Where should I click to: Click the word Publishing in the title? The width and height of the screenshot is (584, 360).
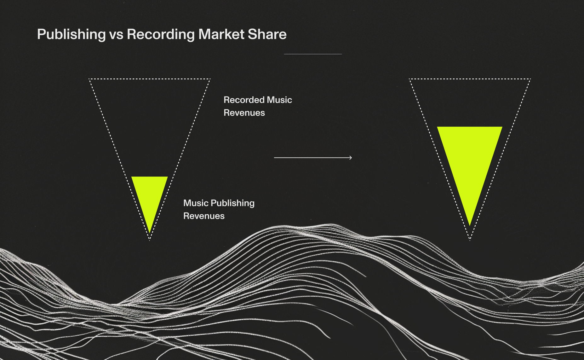(x=71, y=34)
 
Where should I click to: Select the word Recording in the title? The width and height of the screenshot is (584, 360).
(x=161, y=34)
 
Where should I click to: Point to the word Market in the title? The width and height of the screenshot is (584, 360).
(x=221, y=34)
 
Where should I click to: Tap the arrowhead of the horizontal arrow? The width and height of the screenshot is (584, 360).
(x=351, y=157)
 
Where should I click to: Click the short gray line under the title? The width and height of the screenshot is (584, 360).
(x=313, y=54)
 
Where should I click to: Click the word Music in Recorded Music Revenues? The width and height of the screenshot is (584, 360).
(x=279, y=100)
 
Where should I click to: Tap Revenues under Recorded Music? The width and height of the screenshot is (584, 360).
(x=244, y=113)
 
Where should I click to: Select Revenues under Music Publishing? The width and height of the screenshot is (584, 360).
(x=204, y=216)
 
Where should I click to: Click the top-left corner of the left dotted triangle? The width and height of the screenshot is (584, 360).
(x=89, y=79)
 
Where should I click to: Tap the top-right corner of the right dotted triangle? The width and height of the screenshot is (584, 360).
(x=530, y=79)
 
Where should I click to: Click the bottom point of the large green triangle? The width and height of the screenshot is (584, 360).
(x=470, y=225)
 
